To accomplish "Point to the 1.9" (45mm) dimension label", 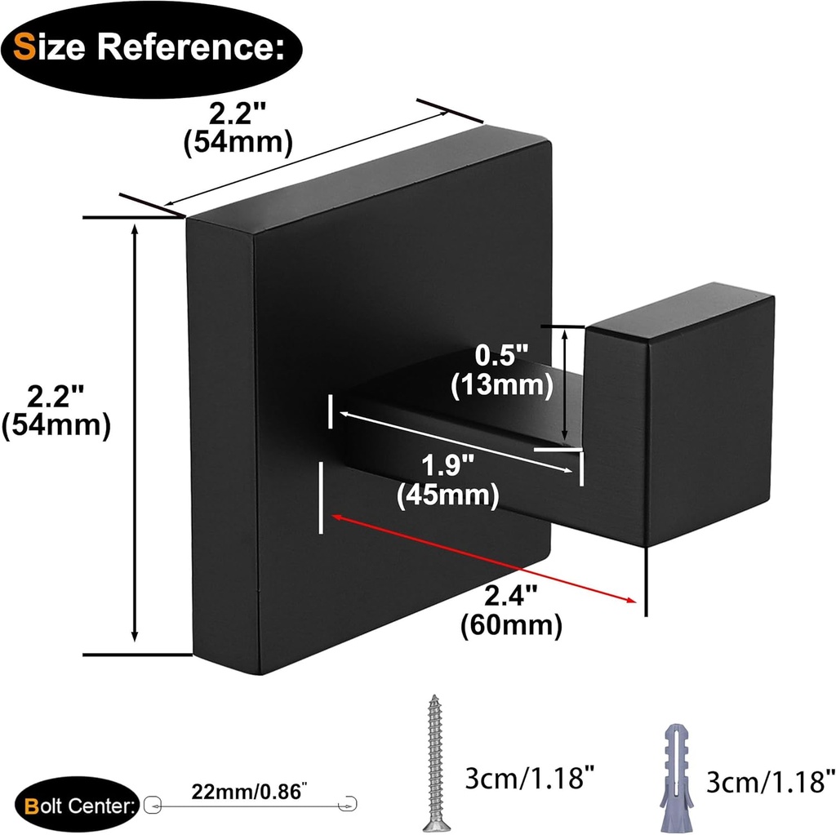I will click(447, 482).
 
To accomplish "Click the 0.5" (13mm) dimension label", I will click(502, 371).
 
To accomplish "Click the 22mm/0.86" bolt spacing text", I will click(250, 790).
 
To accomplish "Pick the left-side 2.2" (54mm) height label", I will click(56, 412).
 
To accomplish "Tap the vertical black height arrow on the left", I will click(136, 433).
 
